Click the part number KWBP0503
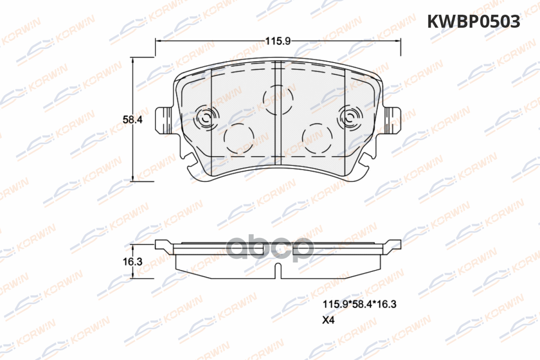473,22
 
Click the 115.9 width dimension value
278,41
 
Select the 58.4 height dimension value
133,120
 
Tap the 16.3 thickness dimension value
133,261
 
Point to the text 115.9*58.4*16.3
360,304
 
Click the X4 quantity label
328,320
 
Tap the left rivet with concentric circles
207,118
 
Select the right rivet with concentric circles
350,118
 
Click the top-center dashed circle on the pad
278,99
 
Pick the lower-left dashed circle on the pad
239,139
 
